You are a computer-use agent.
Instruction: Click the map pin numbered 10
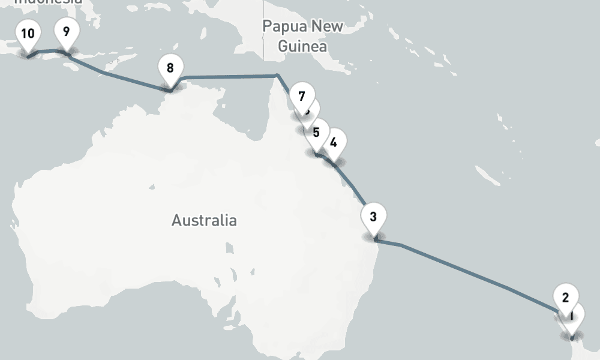[x=28, y=34]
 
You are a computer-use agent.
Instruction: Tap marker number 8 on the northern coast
[x=170, y=68]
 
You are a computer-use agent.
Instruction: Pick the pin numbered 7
[x=301, y=97]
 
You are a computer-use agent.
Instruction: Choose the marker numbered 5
[x=316, y=133]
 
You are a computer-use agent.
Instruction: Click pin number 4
[x=334, y=143]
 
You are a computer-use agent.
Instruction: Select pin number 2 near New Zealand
[x=565, y=298]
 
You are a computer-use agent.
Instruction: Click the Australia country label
[x=204, y=220]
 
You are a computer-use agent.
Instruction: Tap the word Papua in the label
[x=284, y=26]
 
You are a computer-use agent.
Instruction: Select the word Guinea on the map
[x=303, y=46]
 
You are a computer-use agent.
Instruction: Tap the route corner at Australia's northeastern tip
[x=277, y=75]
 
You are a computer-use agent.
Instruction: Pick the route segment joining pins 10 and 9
[x=48, y=51]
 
